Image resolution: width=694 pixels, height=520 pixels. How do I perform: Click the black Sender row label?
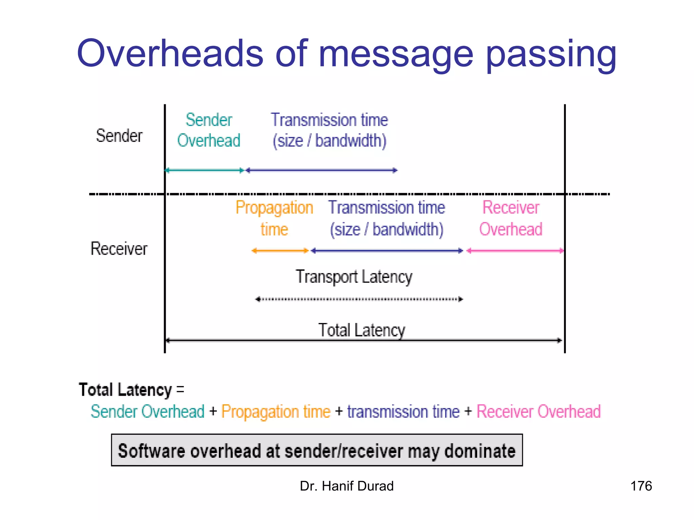[119, 136]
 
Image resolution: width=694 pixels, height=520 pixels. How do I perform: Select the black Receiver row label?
[119, 249]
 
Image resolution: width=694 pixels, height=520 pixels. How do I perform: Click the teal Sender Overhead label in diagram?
[209, 130]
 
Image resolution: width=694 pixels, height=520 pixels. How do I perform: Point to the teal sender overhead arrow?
[204, 170]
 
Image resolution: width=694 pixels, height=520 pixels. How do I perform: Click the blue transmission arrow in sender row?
[321, 170]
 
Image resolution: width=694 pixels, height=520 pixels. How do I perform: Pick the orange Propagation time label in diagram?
[274, 218]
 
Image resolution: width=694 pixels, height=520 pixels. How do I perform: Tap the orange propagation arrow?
[280, 251]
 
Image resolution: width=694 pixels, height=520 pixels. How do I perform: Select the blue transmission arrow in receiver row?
[387, 251]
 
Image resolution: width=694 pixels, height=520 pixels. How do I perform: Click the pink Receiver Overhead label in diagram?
[511, 218]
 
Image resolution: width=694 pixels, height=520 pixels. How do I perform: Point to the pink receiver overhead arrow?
[515, 251]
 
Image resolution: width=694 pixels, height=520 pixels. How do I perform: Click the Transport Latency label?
[354, 277]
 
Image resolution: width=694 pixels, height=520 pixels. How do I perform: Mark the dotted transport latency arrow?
[359, 299]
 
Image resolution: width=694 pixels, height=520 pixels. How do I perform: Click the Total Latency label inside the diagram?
[362, 330]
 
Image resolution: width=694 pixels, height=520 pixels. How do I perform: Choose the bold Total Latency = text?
[131, 390]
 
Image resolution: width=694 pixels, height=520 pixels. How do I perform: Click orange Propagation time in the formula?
[276, 412]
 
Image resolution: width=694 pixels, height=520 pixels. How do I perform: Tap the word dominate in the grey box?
[479, 451]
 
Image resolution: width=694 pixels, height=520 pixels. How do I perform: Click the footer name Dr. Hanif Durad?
[347, 486]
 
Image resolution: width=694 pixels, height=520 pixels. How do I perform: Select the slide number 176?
[641, 486]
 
